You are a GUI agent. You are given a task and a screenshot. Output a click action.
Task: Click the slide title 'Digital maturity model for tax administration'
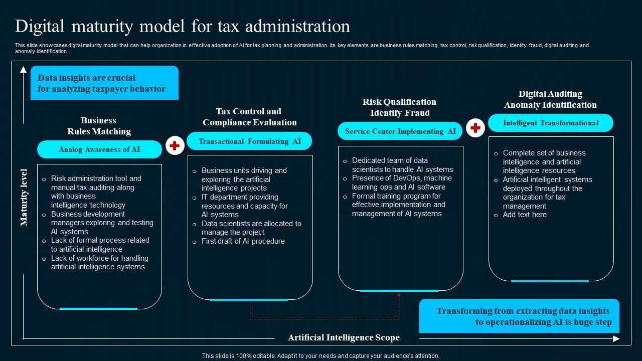pos(183,26)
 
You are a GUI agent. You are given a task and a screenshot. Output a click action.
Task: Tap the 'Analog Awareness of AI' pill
pos(99,149)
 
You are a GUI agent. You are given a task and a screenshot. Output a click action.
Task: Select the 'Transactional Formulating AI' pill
pos(250,141)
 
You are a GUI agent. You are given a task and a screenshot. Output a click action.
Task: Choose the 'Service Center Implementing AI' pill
pos(400,131)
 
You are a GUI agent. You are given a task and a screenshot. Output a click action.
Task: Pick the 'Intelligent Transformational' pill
pos(551,123)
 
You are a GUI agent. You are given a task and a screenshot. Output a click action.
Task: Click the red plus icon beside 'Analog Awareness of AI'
pos(175,145)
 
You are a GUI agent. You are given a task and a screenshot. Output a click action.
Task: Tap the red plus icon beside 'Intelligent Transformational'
pos(475,128)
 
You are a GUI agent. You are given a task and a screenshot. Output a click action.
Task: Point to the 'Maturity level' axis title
pos(24,198)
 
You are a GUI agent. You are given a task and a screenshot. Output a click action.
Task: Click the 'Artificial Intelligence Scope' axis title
pos(344,337)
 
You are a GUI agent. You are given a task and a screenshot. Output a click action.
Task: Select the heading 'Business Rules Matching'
pos(99,126)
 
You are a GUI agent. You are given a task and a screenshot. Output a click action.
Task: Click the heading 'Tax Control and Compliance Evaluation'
pos(250,117)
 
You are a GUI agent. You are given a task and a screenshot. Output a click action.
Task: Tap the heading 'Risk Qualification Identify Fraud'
pos(400,107)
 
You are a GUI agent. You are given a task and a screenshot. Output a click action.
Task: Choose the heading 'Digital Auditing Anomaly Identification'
pos(550,99)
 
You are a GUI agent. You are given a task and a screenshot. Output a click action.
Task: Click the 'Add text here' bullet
pos(525,215)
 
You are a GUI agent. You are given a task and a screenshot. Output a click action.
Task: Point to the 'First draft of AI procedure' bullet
pos(243,241)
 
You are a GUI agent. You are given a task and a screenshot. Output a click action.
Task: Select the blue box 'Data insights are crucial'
pos(104,83)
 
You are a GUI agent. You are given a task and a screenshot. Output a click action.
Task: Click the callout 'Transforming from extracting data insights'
pos(519,316)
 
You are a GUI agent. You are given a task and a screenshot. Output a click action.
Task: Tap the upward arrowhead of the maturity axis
pos(24,70)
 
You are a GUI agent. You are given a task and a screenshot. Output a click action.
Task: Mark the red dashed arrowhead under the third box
pos(399,295)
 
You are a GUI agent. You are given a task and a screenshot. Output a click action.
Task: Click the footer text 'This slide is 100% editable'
pos(321,356)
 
